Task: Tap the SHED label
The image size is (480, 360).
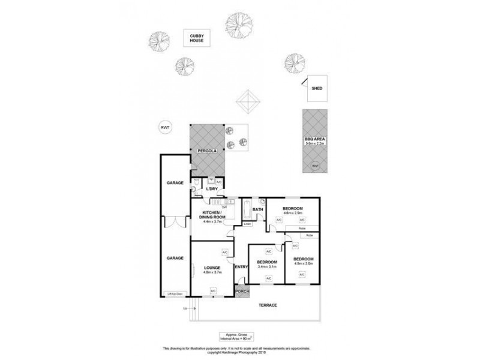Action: click(316, 88)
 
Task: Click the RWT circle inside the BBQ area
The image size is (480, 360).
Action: click(314, 166)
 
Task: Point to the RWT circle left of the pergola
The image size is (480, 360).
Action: click(164, 127)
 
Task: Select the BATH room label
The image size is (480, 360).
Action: click(258, 209)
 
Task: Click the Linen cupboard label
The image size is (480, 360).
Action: click(247, 224)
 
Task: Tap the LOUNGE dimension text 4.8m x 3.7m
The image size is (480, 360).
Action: click(213, 272)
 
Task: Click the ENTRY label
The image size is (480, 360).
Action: click(241, 267)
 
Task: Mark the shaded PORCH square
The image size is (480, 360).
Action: click(242, 292)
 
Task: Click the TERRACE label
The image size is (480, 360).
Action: click(268, 305)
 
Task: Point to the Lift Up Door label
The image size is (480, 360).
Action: click(174, 294)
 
